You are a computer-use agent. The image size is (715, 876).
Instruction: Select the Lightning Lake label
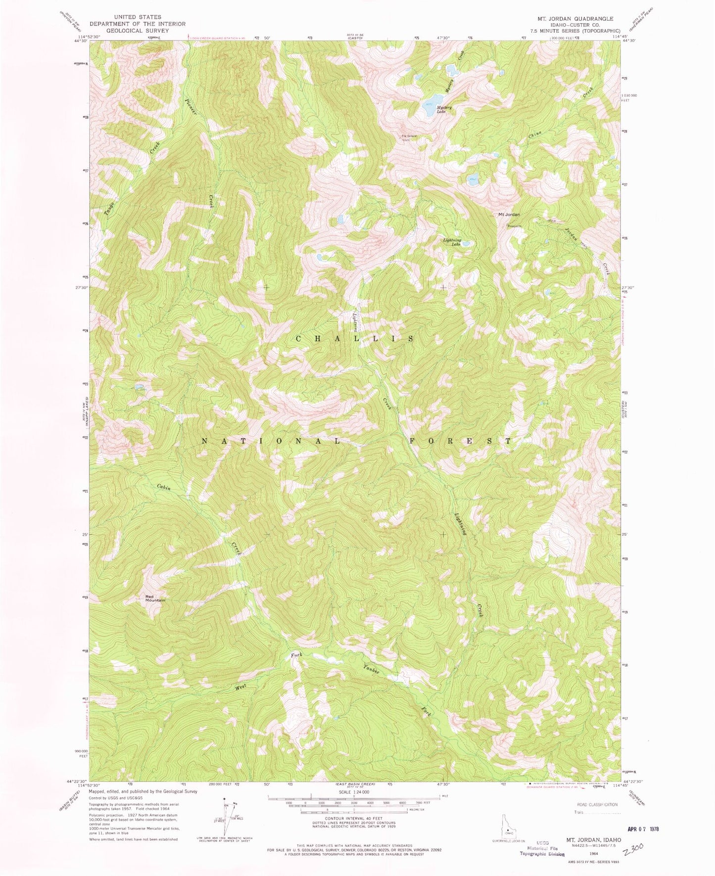pyautogui.click(x=452, y=242)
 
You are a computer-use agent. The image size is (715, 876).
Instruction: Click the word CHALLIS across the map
pyautogui.click(x=355, y=339)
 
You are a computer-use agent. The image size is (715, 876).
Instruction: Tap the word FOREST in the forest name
pyautogui.click(x=460, y=441)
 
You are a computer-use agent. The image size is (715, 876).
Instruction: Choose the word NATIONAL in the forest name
pyautogui.click(x=271, y=441)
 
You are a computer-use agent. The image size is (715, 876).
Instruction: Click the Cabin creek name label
pyautogui.click(x=164, y=487)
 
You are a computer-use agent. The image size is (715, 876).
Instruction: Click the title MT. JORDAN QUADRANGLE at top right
pyautogui.click(x=575, y=19)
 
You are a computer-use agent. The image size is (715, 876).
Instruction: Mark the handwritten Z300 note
pyautogui.click(x=633, y=850)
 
